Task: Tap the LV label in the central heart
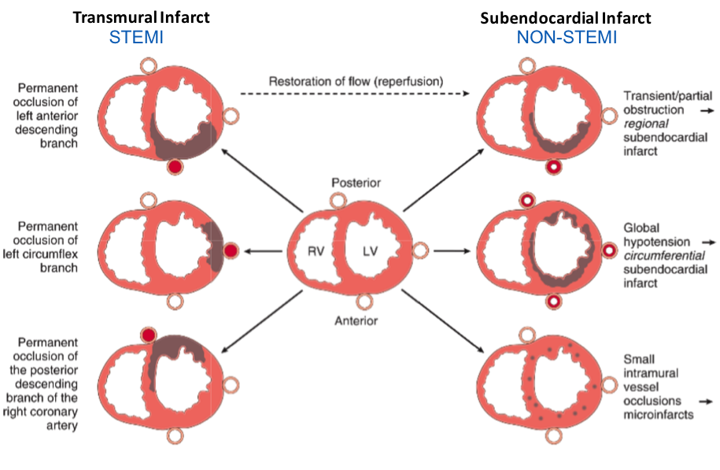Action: click(371, 251)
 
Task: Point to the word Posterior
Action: click(356, 183)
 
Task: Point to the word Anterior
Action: click(356, 320)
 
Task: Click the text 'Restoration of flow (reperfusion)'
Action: click(356, 81)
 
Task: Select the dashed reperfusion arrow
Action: click(356, 94)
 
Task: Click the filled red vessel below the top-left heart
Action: click(175, 168)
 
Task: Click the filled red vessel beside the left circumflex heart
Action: click(231, 250)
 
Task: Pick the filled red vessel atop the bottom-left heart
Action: click(147, 335)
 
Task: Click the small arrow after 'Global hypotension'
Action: click(706, 242)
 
